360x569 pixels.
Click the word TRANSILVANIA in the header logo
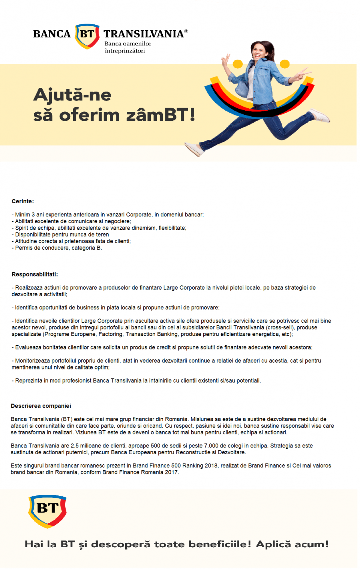click(x=144, y=34)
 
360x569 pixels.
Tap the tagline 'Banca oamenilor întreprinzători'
click(x=127, y=47)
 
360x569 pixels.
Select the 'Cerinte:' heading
click(x=23, y=201)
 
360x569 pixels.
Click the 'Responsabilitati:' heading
click(x=35, y=275)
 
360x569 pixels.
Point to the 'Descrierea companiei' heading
click(x=41, y=406)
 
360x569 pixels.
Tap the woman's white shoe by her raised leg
click(x=321, y=116)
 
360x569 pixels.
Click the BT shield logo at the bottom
click(x=48, y=511)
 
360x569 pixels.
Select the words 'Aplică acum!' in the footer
click(x=292, y=544)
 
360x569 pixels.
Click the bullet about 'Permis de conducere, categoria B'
click(x=57, y=248)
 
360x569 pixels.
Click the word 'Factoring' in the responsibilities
click(x=110, y=334)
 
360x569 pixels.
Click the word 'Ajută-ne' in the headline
click(x=72, y=95)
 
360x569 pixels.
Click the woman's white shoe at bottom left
click(x=195, y=149)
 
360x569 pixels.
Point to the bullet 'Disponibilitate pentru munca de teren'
click(x=61, y=235)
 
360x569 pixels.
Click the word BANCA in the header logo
click(x=52, y=34)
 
